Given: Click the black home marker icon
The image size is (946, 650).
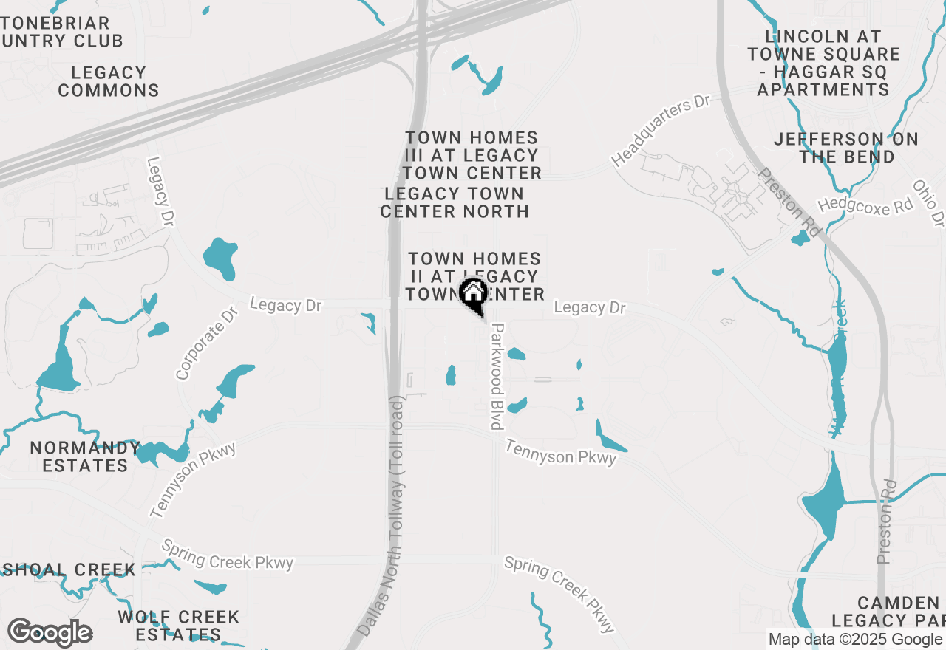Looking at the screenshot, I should coord(473,294).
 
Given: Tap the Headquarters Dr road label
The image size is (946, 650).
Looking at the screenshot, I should coord(660,131).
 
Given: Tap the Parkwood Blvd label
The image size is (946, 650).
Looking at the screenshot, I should coord(497,376).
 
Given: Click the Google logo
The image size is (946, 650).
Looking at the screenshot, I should coord(50,632).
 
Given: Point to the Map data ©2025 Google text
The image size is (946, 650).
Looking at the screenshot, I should coord(855,640).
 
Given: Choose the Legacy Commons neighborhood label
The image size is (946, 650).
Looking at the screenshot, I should coord(109,81).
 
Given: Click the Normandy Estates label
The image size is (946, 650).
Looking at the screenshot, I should coord(85,456).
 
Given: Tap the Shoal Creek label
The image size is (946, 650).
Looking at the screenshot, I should coord(68,569).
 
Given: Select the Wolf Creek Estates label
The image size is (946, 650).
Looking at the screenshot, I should coord(178,626).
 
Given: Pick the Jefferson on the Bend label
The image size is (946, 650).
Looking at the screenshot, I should coord(846,148).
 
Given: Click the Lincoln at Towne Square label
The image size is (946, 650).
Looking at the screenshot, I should coord(823,63).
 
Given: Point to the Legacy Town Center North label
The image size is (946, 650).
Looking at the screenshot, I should coord(454,202).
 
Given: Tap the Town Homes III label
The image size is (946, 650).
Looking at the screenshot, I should coord(472,155).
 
